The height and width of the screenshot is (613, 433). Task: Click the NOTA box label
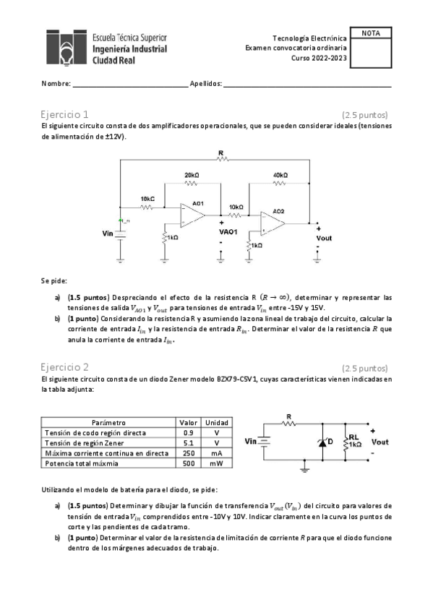(370, 33)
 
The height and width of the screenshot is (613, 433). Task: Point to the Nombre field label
(56, 84)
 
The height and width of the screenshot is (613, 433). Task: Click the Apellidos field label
(205, 84)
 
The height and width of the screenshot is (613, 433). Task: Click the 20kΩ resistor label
(192, 176)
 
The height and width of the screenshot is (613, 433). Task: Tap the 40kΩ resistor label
(280, 176)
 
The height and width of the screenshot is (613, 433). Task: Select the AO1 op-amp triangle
(192, 215)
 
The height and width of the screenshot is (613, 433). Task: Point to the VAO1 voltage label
(228, 232)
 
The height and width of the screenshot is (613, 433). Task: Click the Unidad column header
(217, 422)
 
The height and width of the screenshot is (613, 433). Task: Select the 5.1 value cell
(189, 442)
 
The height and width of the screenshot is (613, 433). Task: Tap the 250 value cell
(189, 453)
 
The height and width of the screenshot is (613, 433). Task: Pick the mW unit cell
(217, 463)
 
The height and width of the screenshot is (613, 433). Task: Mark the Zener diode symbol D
(323, 442)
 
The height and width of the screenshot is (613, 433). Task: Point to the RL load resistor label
(353, 437)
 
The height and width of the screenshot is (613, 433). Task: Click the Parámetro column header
(108, 422)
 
